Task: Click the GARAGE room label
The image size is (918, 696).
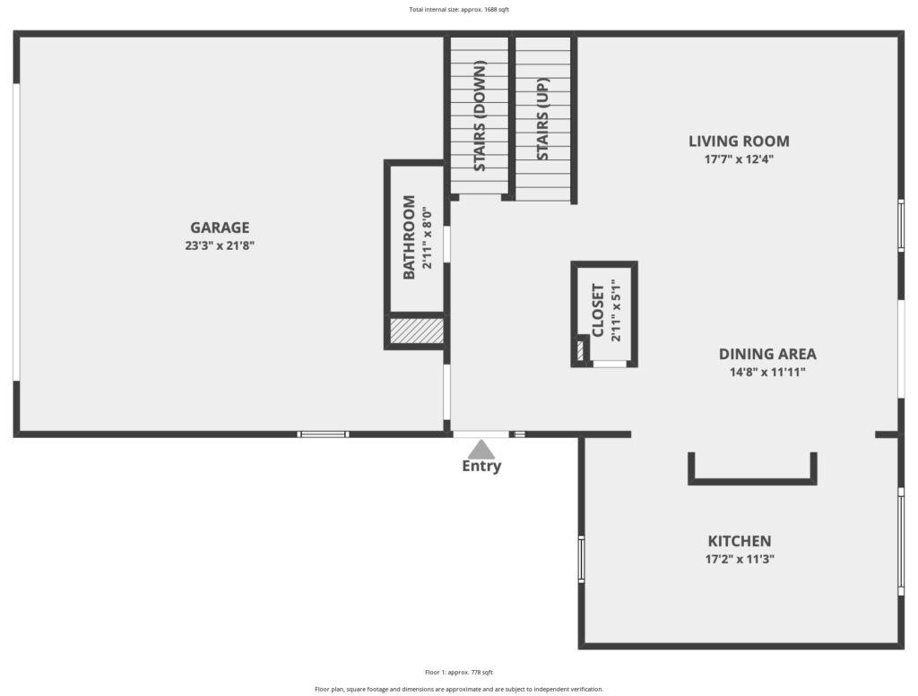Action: [x=220, y=227]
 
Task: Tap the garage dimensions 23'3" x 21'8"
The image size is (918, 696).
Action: [x=220, y=245]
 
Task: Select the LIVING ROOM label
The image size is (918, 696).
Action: [x=739, y=141]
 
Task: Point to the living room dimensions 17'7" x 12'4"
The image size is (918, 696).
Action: [x=739, y=159]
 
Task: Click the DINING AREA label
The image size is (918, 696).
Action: [x=767, y=354]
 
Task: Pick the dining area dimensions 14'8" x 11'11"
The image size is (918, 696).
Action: [x=767, y=372]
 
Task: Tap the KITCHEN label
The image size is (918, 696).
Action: [x=740, y=541]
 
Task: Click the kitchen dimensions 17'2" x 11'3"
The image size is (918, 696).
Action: [x=740, y=559]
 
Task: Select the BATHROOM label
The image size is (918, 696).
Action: [x=409, y=236]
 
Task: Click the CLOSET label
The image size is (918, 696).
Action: [x=598, y=311]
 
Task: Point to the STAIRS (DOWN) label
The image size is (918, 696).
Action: [x=481, y=116]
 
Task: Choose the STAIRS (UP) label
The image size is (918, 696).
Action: [x=542, y=119]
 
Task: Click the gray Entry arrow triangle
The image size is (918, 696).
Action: [x=481, y=449]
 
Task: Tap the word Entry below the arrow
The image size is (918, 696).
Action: [x=481, y=466]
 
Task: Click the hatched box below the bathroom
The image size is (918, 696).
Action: [x=417, y=331]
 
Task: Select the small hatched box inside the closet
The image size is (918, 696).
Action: [x=581, y=349]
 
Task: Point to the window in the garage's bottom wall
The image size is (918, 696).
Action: [x=323, y=434]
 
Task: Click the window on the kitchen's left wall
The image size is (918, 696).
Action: [x=581, y=559]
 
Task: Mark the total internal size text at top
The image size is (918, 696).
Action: [x=459, y=9]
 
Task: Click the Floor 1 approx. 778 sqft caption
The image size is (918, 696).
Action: [x=459, y=673]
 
